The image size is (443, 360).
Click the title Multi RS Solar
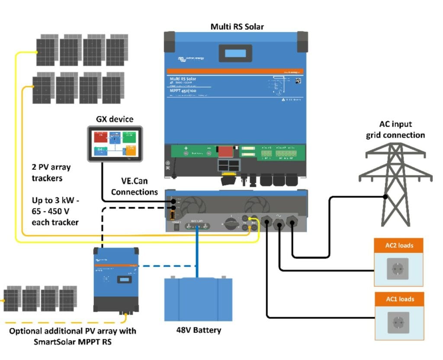(x=237, y=26)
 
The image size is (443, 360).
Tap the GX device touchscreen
(x=115, y=144)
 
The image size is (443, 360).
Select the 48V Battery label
(x=199, y=330)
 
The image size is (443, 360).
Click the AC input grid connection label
(x=395, y=130)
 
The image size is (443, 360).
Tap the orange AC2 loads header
(x=399, y=245)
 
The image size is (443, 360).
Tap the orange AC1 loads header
(x=399, y=299)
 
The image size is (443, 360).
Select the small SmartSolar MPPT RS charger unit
(x=116, y=280)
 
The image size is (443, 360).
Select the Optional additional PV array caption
(x=73, y=336)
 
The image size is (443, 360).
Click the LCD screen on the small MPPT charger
(x=125, y=280)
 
